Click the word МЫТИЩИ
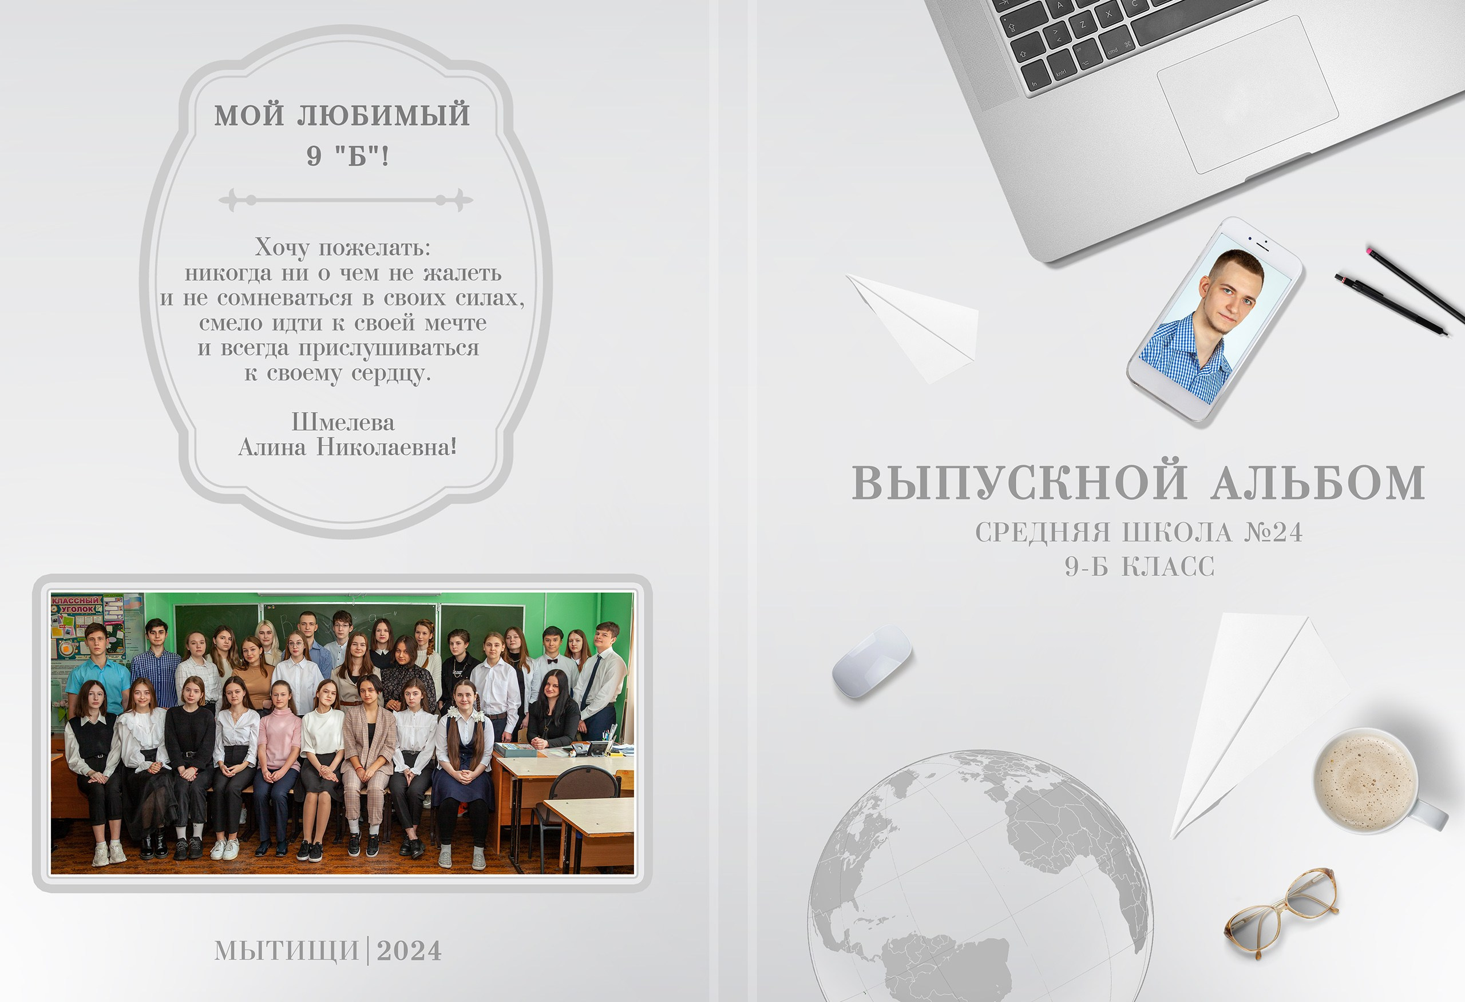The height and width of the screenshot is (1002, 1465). click(x=287, y=951)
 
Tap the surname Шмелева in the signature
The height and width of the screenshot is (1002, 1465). click(x=343, y=422)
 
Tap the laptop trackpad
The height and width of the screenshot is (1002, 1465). click(x=1247, y=94)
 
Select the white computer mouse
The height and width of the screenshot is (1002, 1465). click(x=871, y=662)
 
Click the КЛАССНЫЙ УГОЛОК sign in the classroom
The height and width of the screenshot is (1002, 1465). click(x=76, y=605)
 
